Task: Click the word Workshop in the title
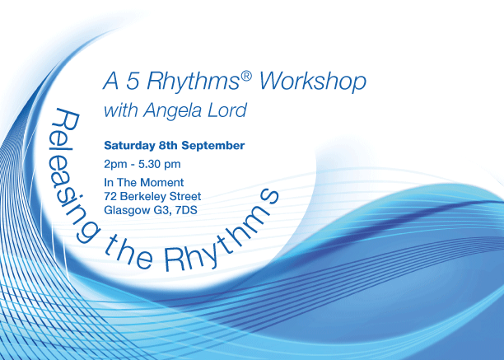click(312, 82)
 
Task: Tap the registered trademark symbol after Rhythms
click(246, 76)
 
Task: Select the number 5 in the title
click(133, 81)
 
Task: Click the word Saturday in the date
click(129, 146)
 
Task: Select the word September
click(213, 146)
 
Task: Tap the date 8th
click(168, 145)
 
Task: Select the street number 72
click(110, 196)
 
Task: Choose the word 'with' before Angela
click(121, 110)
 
